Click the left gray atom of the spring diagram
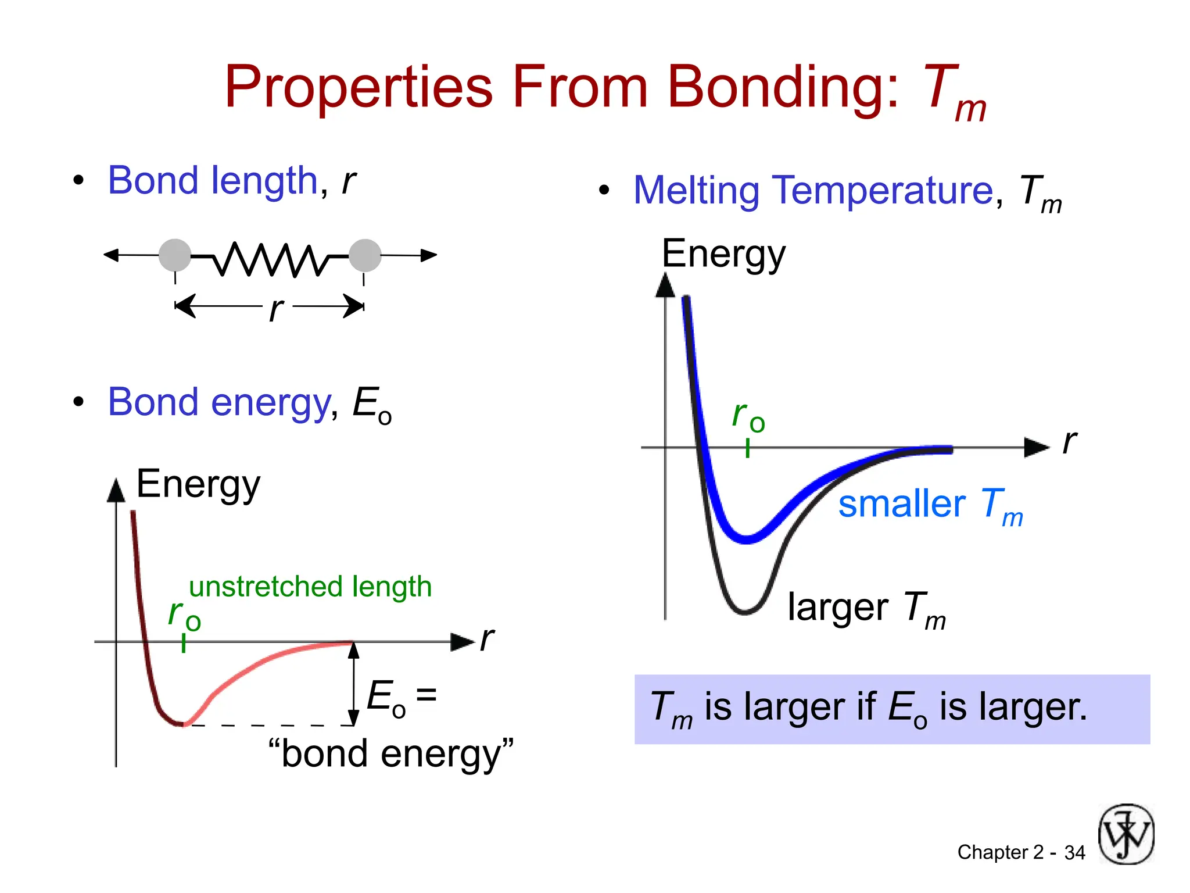(175, 255)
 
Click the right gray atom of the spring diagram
(365, 255)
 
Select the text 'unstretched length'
(310, 587)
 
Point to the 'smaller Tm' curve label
(930, 504)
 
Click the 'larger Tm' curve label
(866, 608)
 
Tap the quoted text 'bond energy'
(390, 753)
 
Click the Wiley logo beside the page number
(1126, 834)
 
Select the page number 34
(1074, 853)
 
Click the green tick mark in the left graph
(184, 643)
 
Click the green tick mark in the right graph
(748, 448)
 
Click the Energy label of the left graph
(198, 484)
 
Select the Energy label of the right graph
(723, 254)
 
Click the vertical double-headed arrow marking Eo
(353, 684)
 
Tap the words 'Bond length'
(213, 181)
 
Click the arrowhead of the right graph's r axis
(1036, 448)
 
